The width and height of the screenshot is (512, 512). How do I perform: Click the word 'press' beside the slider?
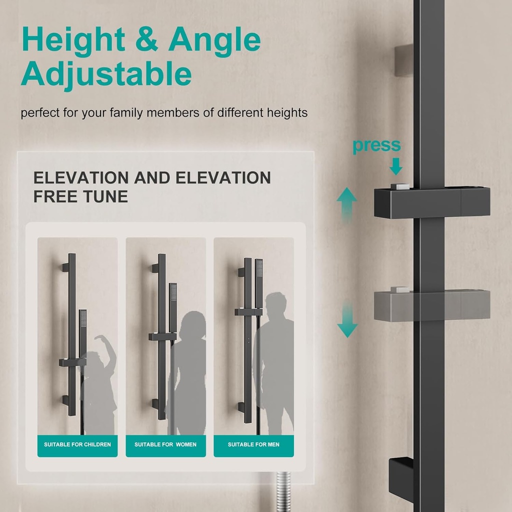[x=376, y=146]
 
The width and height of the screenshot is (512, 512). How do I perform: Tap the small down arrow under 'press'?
[x=396, y=166]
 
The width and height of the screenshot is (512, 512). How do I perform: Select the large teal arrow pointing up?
[x=346, y=204]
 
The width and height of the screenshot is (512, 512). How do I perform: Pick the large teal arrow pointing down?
[x=347, y=320]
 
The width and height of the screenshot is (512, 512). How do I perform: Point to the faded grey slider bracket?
[x=431, y=305]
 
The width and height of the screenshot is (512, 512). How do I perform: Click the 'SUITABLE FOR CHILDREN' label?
[x=77, y=444]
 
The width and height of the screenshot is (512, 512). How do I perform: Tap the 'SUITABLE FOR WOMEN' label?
[x=165, y=444]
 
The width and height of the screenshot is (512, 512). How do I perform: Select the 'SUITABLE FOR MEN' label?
[x=253, y=444]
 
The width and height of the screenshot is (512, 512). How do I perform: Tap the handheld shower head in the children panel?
[x=83, y=333]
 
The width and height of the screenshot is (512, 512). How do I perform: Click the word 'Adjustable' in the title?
[x=106, y=74]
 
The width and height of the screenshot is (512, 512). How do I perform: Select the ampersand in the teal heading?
[x=146, y=39]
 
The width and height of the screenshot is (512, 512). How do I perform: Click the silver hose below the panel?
[x=283, y=492]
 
